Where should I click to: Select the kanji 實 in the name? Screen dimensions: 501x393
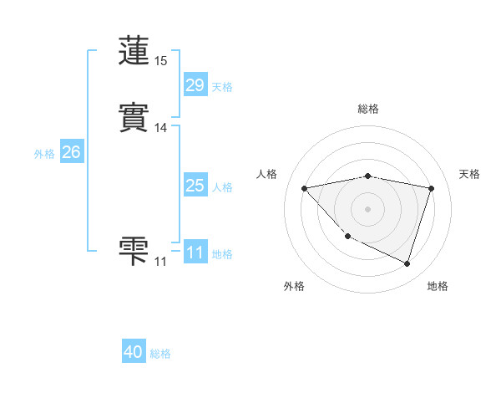[x=134, y=115]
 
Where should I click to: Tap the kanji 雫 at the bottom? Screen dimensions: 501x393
[x=134, y=250]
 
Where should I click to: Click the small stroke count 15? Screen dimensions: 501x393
[x=161, y=61]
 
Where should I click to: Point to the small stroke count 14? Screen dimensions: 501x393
[x=161, y=128]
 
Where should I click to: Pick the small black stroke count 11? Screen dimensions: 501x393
[x=160, y=262]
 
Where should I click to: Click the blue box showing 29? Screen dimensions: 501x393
[x=195, y=85]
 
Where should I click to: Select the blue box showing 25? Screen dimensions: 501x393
[x=195, y=186]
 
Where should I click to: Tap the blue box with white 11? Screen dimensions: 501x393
[x=195, y=253]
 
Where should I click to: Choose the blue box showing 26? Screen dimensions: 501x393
[x=71, y=152]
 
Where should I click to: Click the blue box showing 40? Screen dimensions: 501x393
[x=134, y=352]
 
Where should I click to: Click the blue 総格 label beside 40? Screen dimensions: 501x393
[x=160, y=354]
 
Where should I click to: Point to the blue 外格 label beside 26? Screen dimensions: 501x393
[x=44, y=154]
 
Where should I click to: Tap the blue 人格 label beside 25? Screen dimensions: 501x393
[x=223, y=187]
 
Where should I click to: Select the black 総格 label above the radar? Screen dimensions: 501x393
[x=368, y=109]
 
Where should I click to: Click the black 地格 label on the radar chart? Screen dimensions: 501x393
[x=438, y=286]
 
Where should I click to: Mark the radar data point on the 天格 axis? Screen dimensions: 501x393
[x=431, y=188]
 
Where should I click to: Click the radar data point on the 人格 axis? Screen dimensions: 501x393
[x=305, y=188]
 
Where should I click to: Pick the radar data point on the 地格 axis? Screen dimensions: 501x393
[x=407, y=263]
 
